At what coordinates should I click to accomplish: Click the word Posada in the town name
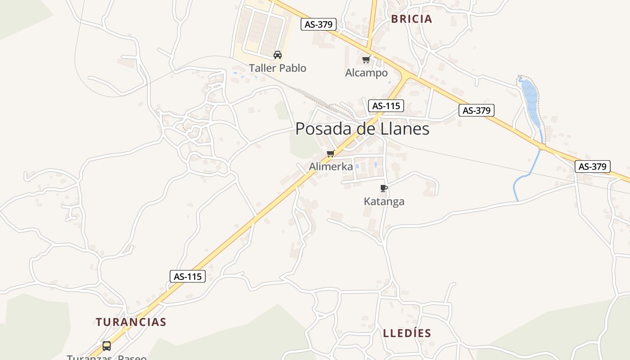(x=323, y=129)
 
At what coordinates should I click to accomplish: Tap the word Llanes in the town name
(x=398, y=129)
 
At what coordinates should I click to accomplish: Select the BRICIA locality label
(x=411, y=19)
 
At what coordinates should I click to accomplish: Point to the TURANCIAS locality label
(x=131, y=322)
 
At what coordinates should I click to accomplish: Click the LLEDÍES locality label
(x=407, y=333)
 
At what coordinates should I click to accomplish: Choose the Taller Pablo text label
(x=278, y=68)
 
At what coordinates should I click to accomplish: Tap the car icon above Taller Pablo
(x=278, y=55)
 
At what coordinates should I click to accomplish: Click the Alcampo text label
(x=366, y=73)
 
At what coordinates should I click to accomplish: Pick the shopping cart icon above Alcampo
(x=366, y=59)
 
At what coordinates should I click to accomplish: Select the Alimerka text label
(x=331, y=166)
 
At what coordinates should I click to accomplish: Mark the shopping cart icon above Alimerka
(x=331, y=154)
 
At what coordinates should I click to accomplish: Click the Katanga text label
(x=384, y=202)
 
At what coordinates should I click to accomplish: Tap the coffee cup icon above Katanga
(x=383, y=188)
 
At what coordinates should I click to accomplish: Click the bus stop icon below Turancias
(x=107, y=346)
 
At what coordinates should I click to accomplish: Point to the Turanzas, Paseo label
(x=107, y=357)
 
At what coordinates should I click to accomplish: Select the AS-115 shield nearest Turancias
(x=187, y=276)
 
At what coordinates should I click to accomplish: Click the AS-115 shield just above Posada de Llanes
(x=386, y=106)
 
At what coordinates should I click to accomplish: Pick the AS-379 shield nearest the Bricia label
(x=319, y=24)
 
